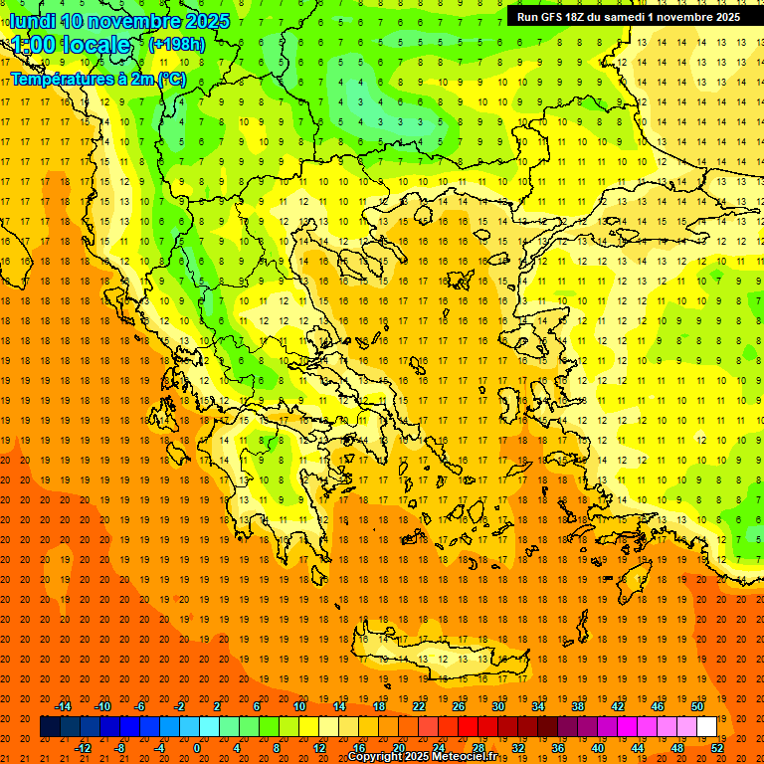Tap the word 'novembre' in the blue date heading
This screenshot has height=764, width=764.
133,21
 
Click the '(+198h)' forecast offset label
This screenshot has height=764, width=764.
177,45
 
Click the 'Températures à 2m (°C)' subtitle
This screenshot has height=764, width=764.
97,78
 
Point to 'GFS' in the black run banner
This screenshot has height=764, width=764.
555,17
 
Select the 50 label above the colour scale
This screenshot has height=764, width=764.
697,706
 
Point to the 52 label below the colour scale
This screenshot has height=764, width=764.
717,748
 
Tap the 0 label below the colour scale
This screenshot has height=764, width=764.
197,748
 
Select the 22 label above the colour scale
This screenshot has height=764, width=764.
419,706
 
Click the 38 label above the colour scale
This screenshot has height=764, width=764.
578,706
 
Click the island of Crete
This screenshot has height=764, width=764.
438,657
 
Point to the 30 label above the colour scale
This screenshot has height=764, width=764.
498,706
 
